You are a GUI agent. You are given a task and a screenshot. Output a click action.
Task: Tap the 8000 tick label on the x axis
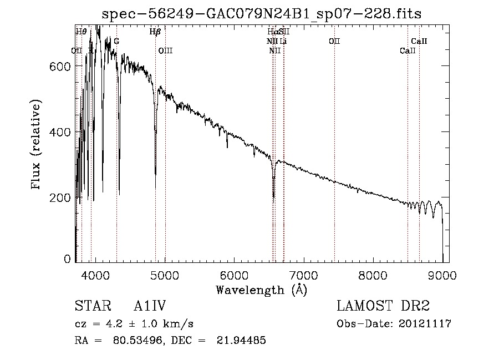coord(373,275)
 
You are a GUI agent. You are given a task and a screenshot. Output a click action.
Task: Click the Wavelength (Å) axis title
coord(261,289)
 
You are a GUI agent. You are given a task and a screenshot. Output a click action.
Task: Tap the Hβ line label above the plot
coord(155,32)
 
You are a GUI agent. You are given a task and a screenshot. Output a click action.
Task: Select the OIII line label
coord(165,51)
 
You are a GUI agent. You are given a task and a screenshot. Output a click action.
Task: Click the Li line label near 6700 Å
coord(283,42)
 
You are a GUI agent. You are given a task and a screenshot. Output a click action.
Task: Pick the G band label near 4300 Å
coord(116,42)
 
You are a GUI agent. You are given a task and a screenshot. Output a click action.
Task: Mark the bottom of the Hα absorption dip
coord(273,196)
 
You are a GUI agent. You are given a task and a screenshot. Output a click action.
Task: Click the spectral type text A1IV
coord(150,306)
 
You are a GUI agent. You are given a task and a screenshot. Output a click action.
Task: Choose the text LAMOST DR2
coord(383,306)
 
